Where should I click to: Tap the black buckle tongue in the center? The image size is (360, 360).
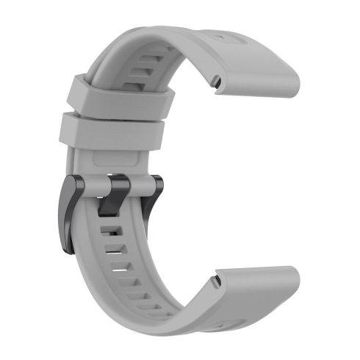tap(118, 193)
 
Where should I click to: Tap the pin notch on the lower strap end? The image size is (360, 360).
tap(215, 280)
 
